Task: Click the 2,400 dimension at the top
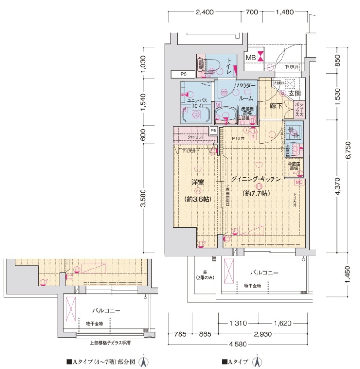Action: coord(204,12)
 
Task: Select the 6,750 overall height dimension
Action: coord(349,150)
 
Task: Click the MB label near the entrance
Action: coord(250,57)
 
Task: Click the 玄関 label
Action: coord(294,94)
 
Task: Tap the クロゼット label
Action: coord(196,137)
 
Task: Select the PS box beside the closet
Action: coord(213,131)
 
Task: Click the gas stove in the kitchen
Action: coord(292,133)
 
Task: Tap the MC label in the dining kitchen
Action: coord(299,183)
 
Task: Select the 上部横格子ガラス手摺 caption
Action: coord(109,343)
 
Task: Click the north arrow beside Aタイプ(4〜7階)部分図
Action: coord(144,362)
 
